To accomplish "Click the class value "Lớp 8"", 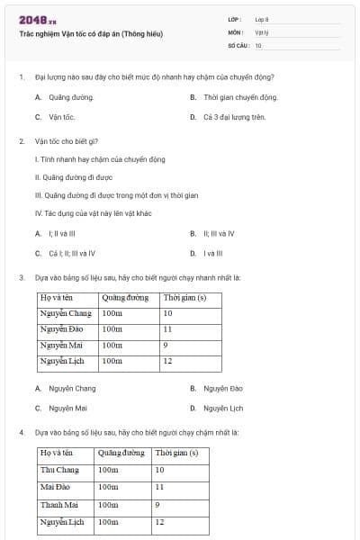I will [x=262, y=19].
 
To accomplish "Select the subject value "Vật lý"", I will [x=262, y=31].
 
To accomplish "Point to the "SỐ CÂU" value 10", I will [x=258, y=45].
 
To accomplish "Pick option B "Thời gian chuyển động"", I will [x=240, y=97].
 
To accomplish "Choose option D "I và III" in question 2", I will [x=215, y=254].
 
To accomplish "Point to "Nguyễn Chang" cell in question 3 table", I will [x=66, y=313].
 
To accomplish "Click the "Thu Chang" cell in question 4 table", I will [x=59, y=470].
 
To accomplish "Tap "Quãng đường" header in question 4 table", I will [x=121, y=453].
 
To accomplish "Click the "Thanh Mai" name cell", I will [x=59, y=504].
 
